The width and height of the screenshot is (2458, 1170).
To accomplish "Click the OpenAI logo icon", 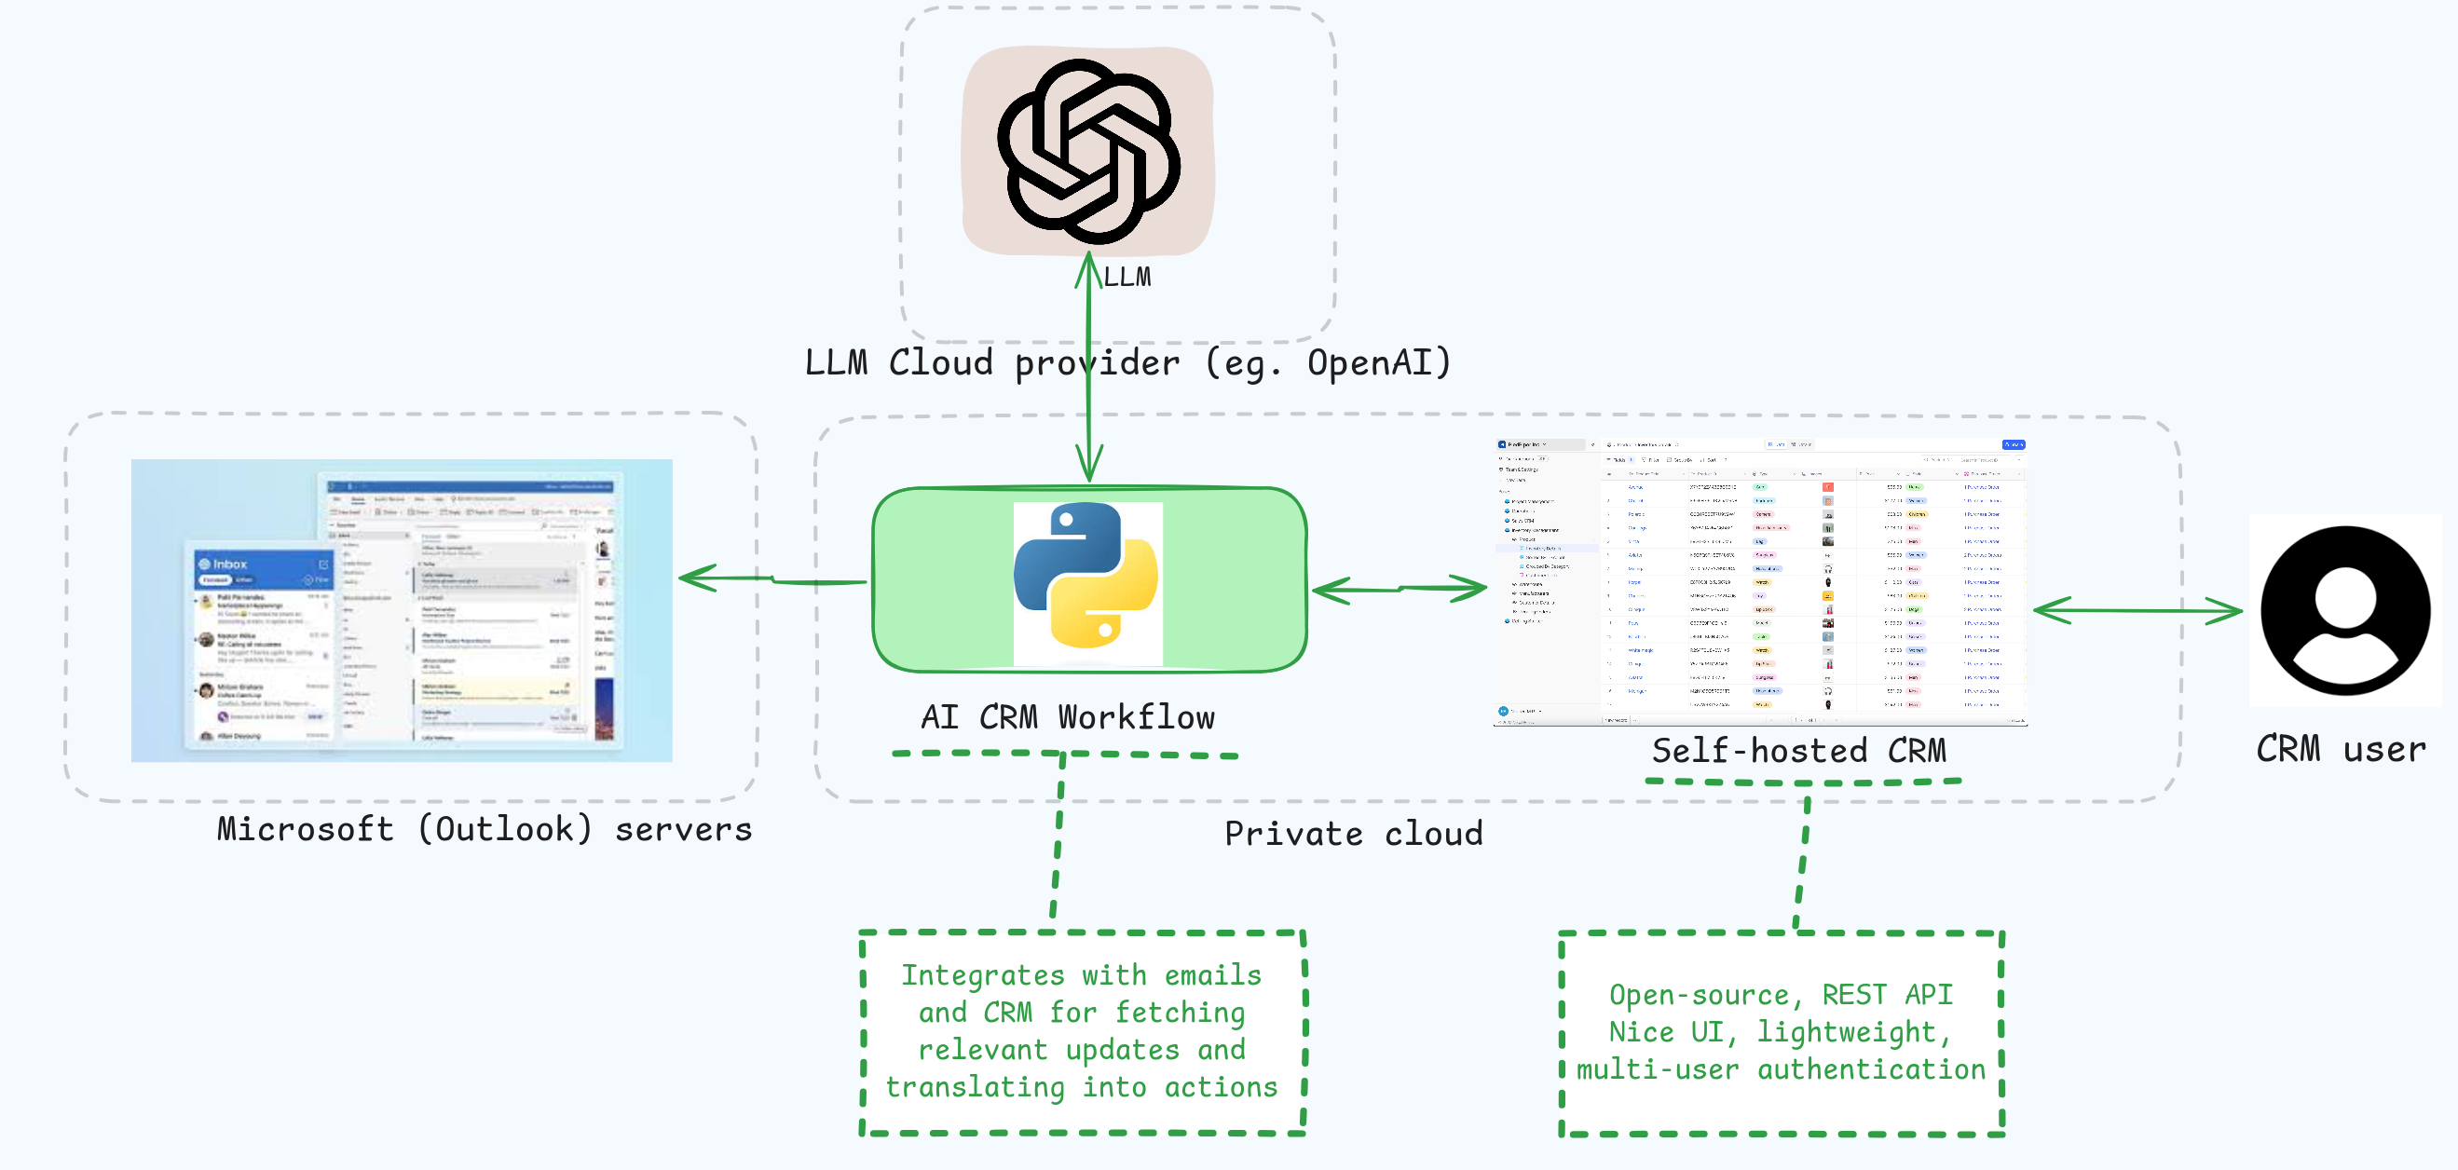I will click(x=1087, y=151).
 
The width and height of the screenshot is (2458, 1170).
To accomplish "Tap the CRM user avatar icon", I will click(x=2344, y=610).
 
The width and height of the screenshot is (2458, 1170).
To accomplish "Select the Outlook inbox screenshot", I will click(x=401, y=611).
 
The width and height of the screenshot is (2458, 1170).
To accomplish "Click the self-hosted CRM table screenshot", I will click(x=1759, y=582).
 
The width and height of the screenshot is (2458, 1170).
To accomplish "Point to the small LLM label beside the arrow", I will click(x=1127, y=278).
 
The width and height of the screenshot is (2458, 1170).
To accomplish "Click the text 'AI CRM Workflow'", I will click(x=1068, y=717).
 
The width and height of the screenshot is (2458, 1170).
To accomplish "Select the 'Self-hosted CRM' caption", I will click(x=1798, y=751).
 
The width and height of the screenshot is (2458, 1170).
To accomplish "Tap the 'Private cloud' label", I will click(x=1353, y=834).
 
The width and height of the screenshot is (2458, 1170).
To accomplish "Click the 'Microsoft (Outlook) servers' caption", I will click(x=484, y=829).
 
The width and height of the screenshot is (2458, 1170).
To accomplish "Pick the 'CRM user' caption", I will click(x=2340, y=749).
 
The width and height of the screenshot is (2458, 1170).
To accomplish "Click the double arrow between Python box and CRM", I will click(x=1399, y=590).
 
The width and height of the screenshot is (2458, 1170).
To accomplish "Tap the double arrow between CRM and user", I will click(x=2137, y=610).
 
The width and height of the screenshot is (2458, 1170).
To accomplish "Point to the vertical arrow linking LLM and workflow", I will click(x=1088, y=382).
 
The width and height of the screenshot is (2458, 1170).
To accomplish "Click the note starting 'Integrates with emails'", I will click(x=1081, y=1031).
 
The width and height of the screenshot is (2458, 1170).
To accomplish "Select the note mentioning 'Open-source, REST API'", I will click(x=1781, y=1032).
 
